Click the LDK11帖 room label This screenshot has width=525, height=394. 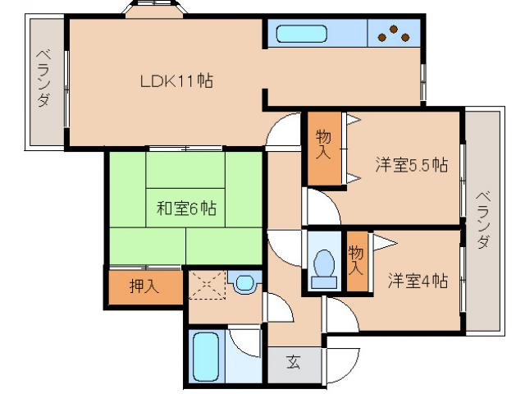(x=176, y=81)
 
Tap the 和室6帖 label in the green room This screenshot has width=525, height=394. (x=186, y=208)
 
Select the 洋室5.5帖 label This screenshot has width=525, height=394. (x=411, y=164)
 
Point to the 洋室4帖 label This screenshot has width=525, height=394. (x=418, y=281)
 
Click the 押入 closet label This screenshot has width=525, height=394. (x=143, y=287)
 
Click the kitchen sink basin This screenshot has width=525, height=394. (x=301, y=34)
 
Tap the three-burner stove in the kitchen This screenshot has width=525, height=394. (x=395, y=34)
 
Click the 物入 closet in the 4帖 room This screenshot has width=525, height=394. (x=355, y=260)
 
